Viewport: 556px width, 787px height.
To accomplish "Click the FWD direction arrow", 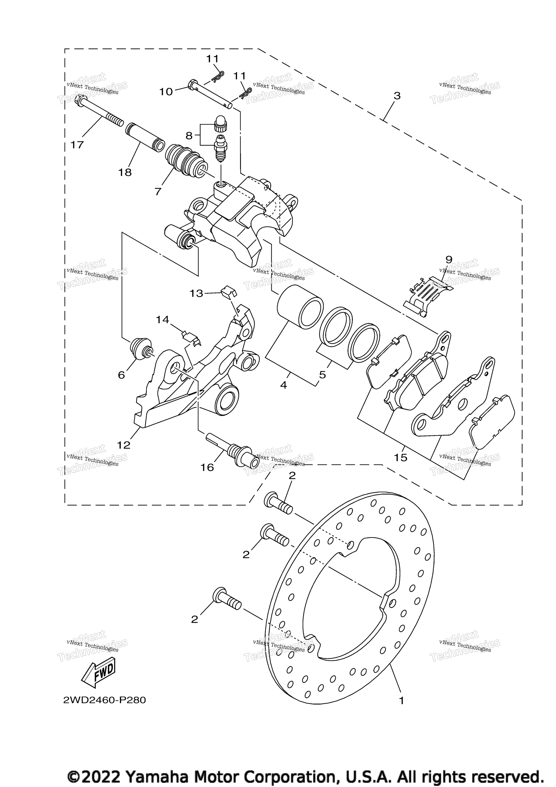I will point(98,673).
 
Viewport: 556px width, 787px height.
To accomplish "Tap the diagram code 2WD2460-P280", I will point(105,700).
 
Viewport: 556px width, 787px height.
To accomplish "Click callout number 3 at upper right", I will point(397,96).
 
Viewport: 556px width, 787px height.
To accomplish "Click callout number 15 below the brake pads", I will point(401,457).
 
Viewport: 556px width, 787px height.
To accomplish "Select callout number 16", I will point(207,467).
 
